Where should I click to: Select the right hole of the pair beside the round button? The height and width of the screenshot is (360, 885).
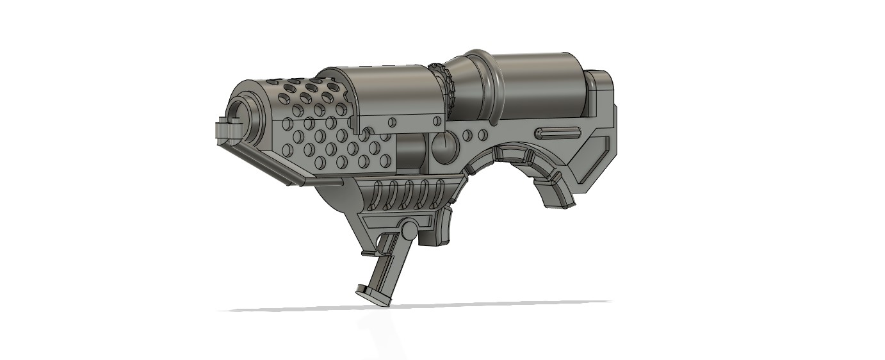click(480, 135)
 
